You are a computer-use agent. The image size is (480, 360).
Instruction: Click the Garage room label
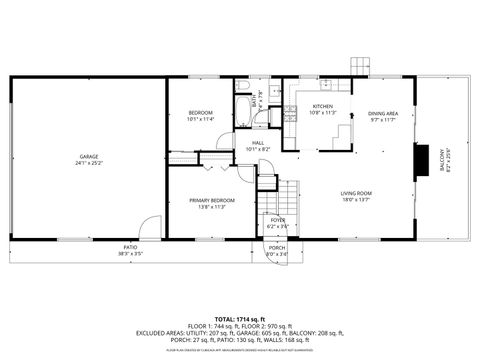tap(89, 157)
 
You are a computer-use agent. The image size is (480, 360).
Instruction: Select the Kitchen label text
tap(322, 107)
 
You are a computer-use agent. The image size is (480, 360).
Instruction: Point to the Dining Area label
tap(382, 113)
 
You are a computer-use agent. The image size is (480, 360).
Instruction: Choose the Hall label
tap(258, 143)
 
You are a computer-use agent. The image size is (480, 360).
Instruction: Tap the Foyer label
tap(277, 220)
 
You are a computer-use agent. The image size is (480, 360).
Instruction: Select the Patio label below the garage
tap(130, 247)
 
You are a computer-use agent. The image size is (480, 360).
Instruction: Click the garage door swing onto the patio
tap(148, 228)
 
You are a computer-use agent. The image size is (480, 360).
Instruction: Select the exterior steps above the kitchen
tap(359, 66)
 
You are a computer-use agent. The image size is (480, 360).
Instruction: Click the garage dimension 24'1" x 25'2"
tap(89, 164)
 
